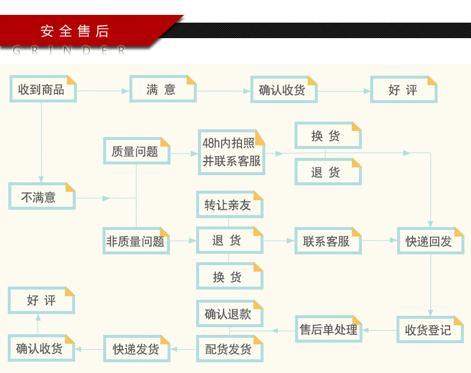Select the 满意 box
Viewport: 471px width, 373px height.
(162, 89)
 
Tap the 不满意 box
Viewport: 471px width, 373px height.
(41, 196)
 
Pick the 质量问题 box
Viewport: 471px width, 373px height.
(137, 151)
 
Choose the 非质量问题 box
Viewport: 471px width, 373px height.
(137, 241)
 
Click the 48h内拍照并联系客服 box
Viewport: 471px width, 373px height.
(231, 153)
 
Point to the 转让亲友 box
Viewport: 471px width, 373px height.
(230, 204)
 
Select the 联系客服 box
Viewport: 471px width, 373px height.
(327, 241)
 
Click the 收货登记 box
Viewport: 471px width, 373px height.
(430, 329)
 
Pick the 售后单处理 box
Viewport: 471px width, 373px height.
(329, 329)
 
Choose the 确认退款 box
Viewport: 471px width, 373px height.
(230, 313)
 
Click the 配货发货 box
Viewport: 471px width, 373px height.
(230, 349)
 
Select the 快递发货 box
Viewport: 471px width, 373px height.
(137, 349)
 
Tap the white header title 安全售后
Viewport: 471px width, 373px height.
(75, 31)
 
